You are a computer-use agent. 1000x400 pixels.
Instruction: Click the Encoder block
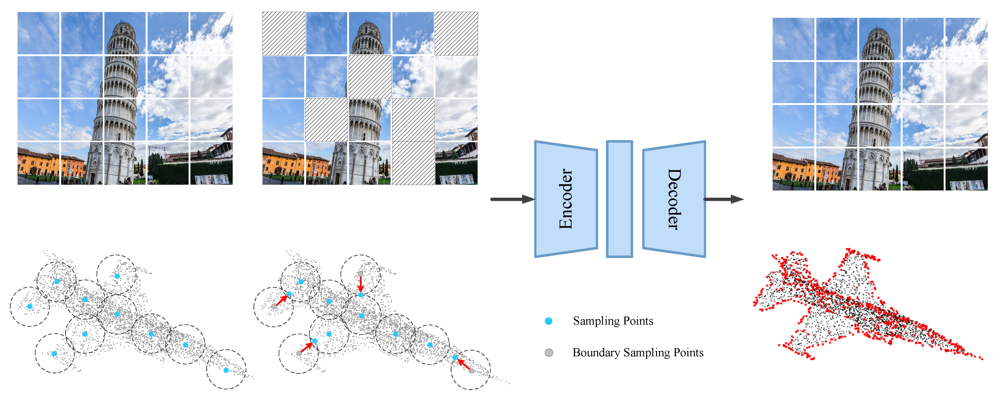click(x=566, y=199)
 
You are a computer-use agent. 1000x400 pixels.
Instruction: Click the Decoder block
click(x=674, y=199)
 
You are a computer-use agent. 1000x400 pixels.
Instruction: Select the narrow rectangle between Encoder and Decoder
click(x=620, y=199)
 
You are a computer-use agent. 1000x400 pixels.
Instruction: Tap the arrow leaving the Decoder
click(x=723, y=199)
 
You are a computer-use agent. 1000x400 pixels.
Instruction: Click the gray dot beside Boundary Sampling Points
click(x=548, y=353)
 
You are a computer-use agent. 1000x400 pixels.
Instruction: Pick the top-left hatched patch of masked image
click(x=284, y=34)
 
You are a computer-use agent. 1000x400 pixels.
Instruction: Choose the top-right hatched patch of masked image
click(x=456, y=34)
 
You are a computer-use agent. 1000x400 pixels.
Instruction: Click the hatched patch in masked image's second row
click(x=370, y=77)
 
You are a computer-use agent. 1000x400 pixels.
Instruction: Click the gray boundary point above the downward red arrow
click(x=361, y=274)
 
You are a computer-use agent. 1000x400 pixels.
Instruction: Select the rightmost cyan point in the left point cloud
click(x=226, y=370)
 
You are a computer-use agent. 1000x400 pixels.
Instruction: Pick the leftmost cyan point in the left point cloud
click(x=30, y=306)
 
